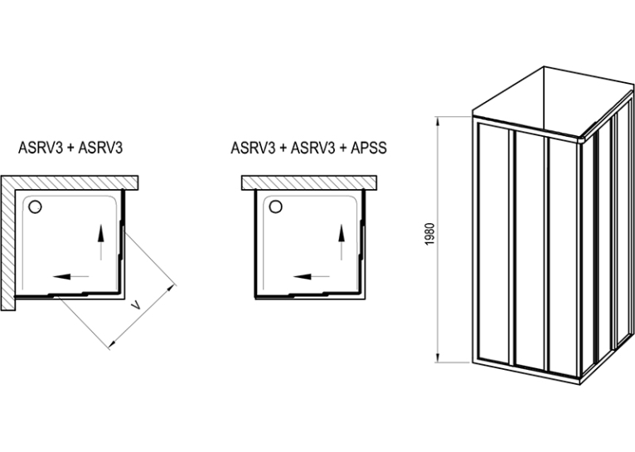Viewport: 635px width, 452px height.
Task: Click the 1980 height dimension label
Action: [x=430, y=234]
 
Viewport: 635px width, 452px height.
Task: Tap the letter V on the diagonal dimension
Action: [x=137, y=305]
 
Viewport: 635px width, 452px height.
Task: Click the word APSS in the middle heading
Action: [x=369, y=148]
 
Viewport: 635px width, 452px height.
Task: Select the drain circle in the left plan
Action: [x=36, y=207]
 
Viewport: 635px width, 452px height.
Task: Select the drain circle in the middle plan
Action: [x=276, y=207]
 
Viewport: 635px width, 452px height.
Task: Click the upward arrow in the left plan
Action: [x=101, y=242]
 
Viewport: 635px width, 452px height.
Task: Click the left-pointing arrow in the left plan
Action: [x=70, y=277]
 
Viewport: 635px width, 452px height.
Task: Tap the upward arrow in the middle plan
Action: [x=342, y=242]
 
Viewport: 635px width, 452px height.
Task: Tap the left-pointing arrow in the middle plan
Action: [x=312, y=277]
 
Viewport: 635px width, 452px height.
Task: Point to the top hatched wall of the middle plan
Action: [x=309, y=182]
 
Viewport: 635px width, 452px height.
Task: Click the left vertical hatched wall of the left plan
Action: [x=7, y=243]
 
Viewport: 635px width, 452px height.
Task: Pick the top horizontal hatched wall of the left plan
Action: [x=70, y=182]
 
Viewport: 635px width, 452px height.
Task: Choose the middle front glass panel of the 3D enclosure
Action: [x=531, y=250]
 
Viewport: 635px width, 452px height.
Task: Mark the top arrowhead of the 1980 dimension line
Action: [x=438, y=120]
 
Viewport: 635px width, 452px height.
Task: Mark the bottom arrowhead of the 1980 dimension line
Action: [x=438, y=358]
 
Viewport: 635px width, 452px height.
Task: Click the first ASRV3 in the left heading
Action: [x=41, y=148]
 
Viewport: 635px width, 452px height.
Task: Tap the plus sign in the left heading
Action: [x=70, y=148]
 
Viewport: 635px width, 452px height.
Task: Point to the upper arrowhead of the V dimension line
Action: [x=173, y=287]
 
